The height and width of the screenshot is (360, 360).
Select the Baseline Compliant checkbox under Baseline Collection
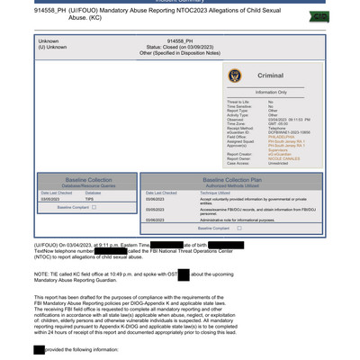pos(94,207)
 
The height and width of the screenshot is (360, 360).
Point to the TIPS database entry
pos(90,200)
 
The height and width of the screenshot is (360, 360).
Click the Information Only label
pos(271,92)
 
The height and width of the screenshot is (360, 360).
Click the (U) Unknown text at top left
pos(52,47)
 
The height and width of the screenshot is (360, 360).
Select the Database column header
pos(94,193)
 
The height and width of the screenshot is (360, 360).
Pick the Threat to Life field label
pos(238,102)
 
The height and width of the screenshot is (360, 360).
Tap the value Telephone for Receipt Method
pos(277,128)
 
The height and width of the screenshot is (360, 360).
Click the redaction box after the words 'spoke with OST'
pos(183,274)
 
